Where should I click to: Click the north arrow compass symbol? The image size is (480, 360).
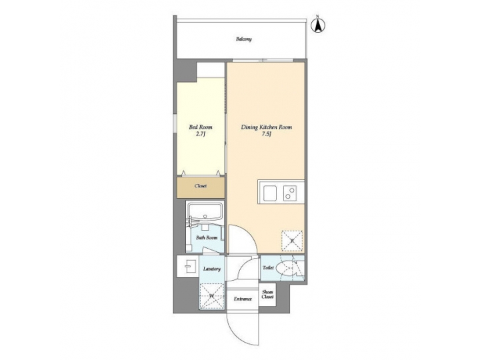coord(319,26)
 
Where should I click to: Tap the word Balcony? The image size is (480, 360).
coord(243,39)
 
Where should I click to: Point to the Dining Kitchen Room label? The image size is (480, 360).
coord(266,126)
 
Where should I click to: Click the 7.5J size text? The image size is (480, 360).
coord(266,133)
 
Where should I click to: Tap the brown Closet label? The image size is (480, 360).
coord(200,187)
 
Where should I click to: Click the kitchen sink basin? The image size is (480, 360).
coord(271,193)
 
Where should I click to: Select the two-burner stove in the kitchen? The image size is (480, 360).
coord(291,193)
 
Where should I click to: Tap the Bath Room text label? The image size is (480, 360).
coord(206,237)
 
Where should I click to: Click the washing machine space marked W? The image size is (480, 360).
coord(213,295)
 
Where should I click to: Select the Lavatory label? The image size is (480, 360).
coord(212,269)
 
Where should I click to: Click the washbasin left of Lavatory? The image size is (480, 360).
coord(187,266)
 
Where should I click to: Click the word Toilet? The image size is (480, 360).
coord(268,268)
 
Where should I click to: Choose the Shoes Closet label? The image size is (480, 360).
coord(267,294)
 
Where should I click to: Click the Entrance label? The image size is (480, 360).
coord(242,299)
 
